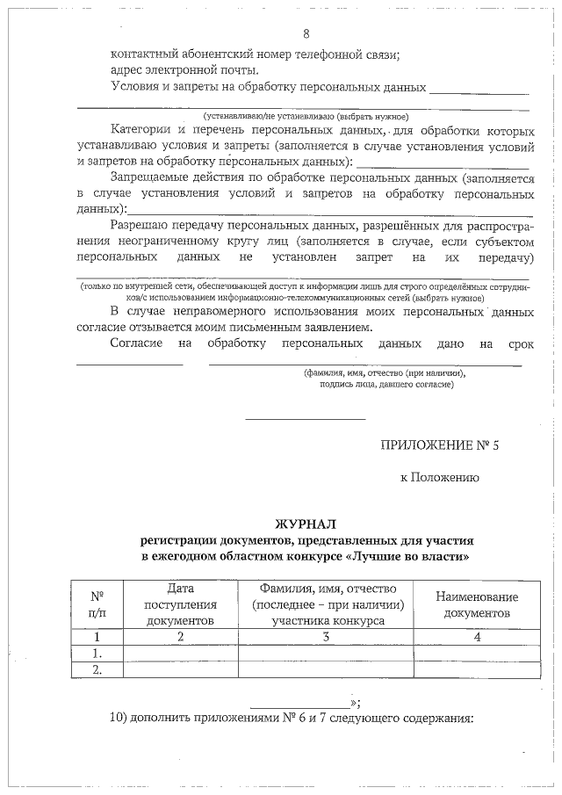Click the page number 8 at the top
click(x=306, y=34)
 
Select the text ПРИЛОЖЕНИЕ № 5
click(x=439, y=444)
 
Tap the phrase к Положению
click(x=439, y=478)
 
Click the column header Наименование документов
click(x=477, y=604)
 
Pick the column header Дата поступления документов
click(x=180, y=604)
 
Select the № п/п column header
click(x=97, y=604)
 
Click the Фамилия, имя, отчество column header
click(x=326, y=604)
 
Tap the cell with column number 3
click(x=326, y=637)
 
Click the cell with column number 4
click(x=477, y=637)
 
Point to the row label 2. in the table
click(x=97, y=670)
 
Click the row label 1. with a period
click(x=97, y=654)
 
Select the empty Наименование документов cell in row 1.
click(x=477, y=654)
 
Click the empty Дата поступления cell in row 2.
click(x=180, y=670)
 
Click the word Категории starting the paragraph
click(x=142, y=130)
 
